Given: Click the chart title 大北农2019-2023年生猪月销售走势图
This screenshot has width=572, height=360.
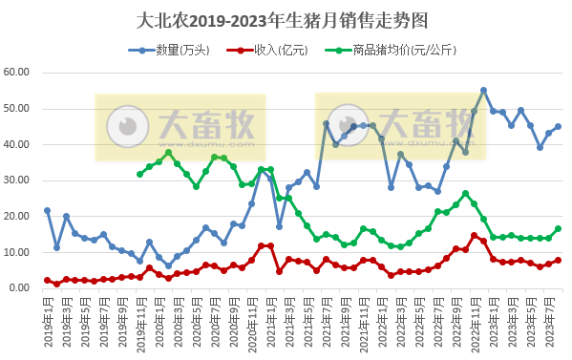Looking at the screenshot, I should pyautogui.click(x=286, y=18).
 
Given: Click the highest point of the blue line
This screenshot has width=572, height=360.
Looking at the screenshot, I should pyautogui.click(x=483, y=91).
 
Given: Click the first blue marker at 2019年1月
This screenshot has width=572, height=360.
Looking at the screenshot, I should pyautogui.click(x=47, y=210).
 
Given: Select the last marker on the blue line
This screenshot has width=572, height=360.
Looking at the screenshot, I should pyautogui.click(x=558, y=126).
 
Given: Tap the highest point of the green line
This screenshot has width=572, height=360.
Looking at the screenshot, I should pyautogui.click(x=168, y=152).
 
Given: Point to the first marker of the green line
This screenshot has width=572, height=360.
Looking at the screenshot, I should pyautogui.click(x=139, y=174).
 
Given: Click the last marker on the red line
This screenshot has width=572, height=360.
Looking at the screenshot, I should pyautogui.click(x=558, y=260).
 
